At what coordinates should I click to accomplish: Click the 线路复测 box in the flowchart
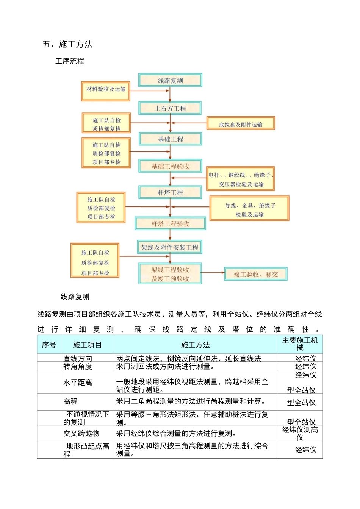click(170, 80)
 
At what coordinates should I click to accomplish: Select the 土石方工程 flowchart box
click(170, 108)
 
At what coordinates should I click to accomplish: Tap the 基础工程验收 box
click(170, 166)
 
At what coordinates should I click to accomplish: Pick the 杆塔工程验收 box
click(170, 224)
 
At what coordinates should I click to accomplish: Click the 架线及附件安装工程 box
click(170, 247)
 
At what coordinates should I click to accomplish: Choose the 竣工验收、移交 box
click(256, 274)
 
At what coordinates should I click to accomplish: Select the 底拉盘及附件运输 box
click(241, 123)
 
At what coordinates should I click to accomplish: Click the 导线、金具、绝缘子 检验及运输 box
click(250, 208)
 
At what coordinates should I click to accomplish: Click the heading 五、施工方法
click(67, 44)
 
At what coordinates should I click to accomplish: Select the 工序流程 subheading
click(70, 61)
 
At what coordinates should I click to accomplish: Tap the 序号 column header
click(49, 345)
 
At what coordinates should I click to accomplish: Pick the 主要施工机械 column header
click(300, 344)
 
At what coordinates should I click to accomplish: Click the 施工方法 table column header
click(195, 345)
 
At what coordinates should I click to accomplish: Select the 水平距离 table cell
click(78, 383)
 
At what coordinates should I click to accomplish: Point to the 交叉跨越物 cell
click(81, 433)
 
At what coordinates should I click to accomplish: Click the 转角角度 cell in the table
click(78, 366)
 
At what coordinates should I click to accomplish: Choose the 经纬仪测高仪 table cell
click(300, 434)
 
